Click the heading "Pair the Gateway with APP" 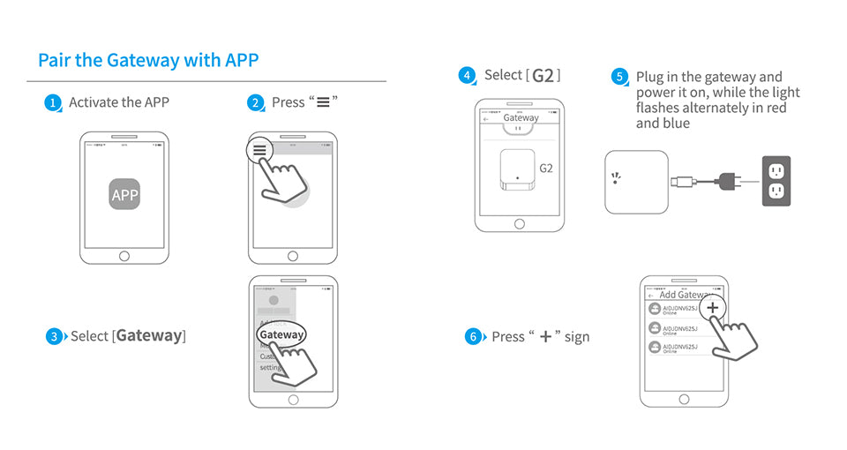click(x=148, y=61)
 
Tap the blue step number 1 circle click(x=54, y=103)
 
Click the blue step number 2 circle click(x=257, y=103)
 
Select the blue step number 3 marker click(x=55, y=336)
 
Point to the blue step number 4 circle click(x=468, y=76)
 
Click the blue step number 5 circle click(x=619, y=78)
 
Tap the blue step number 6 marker click(x=474, y=337)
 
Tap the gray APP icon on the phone click(x=124, y=194)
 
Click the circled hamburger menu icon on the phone click(x=259, y=151)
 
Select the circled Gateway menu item click(x=281, y=334)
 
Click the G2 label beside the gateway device click(x=545, y=168)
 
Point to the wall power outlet click(x=776, y=182)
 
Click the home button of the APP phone click(x=124, y=256)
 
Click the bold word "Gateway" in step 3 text click(x=149, y=336)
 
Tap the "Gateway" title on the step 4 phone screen click(x=521, y=117)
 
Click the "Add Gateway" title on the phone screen click(x=685, y=295)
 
